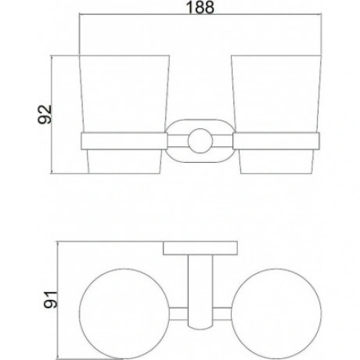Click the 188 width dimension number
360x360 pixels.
coord(200,7)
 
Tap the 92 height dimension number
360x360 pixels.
coord(45,114)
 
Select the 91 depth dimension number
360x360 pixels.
coord(50,300)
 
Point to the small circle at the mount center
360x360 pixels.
coord(200,141)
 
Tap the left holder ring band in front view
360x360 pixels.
coord(124,141)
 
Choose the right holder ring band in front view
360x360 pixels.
coord(276,141)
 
